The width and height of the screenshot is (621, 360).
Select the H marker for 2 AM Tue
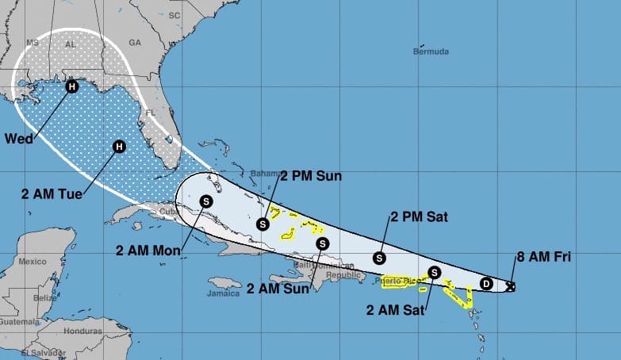(x=119, y=146)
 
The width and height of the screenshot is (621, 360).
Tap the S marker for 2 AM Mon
(x=206, y=201)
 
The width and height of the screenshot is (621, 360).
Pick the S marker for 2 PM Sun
(x=263, y=224)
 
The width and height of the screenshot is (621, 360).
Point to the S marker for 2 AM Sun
(x=322, y=243)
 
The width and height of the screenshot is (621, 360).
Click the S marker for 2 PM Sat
(x=380, y=257)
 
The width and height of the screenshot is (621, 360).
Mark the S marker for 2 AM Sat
(x=434, y=272)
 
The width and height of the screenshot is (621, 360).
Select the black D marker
(x=486, y=284)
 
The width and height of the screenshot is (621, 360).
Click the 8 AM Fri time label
(x=543, y=256)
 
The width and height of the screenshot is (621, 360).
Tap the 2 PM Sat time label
(x=419, y=216)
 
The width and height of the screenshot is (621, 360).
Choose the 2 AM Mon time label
(x=148, y=251)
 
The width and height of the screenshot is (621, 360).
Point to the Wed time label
(x=18, y=139)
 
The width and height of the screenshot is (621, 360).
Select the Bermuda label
(x=431, y=52)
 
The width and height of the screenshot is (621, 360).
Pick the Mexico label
(x=33, y=261)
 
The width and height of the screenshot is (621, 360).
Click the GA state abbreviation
(x=134, y=42)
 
